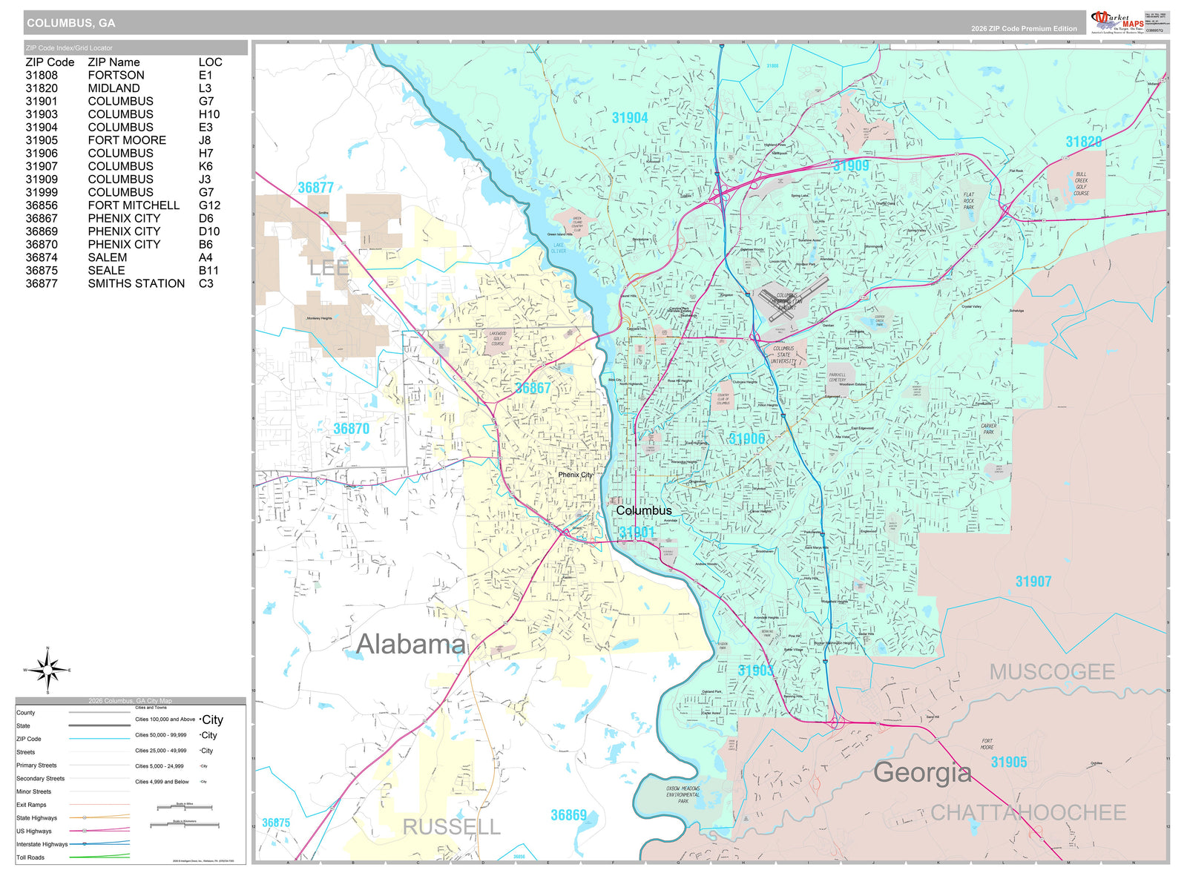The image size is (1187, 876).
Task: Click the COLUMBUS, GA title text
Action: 71,23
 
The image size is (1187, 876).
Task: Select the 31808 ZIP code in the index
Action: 42,75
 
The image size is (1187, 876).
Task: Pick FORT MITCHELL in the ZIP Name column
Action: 134,205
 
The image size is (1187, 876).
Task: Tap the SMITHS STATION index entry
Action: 136,283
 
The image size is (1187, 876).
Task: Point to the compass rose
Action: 48,670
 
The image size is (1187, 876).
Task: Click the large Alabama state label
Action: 410,644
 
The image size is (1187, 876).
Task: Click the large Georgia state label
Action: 922,772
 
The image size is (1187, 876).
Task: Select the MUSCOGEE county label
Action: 1052,672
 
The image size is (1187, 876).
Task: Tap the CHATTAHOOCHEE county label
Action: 1028,813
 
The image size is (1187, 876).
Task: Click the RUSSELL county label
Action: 451,827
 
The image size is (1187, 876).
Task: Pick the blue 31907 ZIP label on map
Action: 1033,582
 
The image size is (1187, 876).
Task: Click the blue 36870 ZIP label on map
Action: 351,429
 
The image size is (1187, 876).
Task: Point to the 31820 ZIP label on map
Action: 1083,142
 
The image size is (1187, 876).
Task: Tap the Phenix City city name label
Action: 575,475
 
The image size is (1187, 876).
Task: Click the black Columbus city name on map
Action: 643,510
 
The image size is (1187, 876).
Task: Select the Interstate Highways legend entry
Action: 42,844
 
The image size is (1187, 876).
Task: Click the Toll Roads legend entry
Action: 30,857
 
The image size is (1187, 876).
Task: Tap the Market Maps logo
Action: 1117,22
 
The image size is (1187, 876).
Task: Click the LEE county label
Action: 329,269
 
